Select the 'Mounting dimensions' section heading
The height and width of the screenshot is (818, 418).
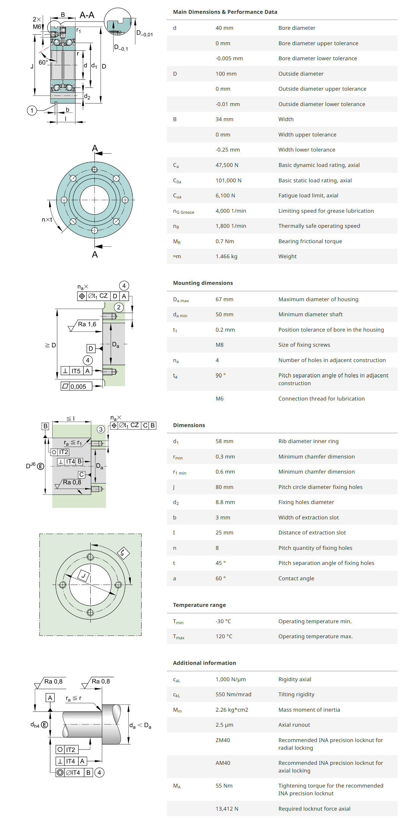click(203, 283)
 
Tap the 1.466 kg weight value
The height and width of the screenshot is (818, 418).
click(226, 256)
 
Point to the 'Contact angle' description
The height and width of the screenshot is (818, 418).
click(296, 578)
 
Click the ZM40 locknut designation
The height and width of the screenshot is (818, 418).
click(223, 740)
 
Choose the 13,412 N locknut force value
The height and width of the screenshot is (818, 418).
click(227, 809)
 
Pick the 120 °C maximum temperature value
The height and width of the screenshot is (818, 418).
click(224, 636)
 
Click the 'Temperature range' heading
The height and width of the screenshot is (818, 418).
click(199, 605)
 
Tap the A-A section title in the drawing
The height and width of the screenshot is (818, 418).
click(87, 15)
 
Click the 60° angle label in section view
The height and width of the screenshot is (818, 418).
click(43, 62)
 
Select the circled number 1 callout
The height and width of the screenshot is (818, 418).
click(32, 111)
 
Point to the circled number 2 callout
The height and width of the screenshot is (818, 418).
click(119, 307)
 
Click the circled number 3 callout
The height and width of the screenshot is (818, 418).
click(101, 429)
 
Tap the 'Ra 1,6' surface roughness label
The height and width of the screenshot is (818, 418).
click(87, 324)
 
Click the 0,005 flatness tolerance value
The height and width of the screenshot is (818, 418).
click(78, 387)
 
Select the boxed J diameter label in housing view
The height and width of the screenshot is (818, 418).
click(84, 576)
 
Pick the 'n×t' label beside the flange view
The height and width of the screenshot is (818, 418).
click(47, 219)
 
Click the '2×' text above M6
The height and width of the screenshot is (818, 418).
click(37, 19)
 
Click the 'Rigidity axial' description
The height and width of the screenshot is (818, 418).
click(294, 679)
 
